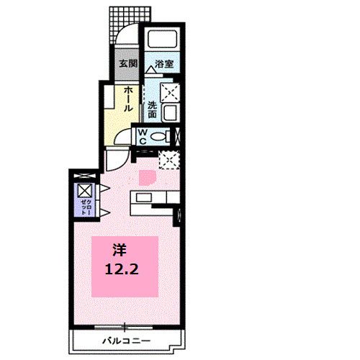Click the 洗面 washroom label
coord(153,108)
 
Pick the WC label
coord(143,136)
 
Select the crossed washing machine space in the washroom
coord(171,91)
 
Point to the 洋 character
coord(119,251)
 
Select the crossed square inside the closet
coord(84,189)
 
